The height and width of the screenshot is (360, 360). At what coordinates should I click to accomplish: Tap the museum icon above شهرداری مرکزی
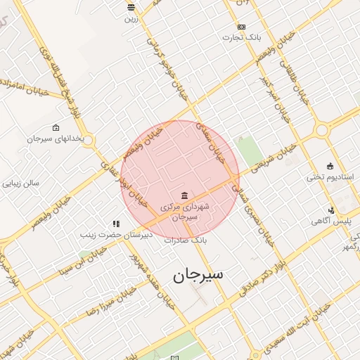[184, 195]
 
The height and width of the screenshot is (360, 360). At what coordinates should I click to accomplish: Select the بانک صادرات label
[188, 240]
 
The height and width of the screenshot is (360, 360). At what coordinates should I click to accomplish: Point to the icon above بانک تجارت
[242, 26]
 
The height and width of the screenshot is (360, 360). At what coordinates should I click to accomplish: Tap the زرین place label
[131, 19]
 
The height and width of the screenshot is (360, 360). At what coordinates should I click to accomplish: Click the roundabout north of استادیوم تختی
[323, 130]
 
